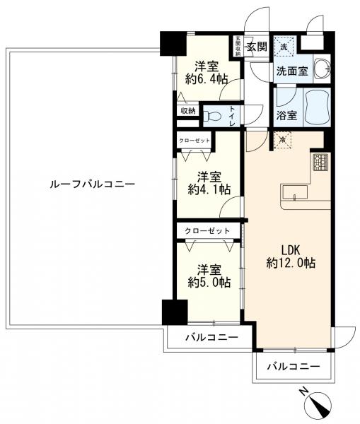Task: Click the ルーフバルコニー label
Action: coord(92,184)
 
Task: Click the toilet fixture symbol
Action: coord(213,116)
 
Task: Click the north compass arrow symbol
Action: coord(316,405)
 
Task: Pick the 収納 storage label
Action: coord(187,111)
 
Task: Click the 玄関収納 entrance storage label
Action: coord(238,45)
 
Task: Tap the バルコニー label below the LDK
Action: coord(294,367)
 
